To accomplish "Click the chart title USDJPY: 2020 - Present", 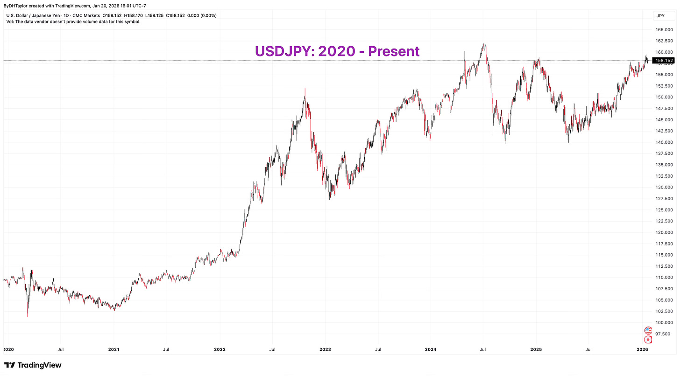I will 337,51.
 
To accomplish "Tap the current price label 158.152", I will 663,61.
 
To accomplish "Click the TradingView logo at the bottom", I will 33,365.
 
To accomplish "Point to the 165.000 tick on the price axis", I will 663,29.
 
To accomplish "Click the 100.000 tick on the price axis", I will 663,322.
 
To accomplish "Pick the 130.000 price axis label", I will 663,187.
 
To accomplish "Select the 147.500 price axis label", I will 663,108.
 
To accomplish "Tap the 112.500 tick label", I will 663,266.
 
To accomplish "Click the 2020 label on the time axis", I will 9,349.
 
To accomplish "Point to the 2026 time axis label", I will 642,349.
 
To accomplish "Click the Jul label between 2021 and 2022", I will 166,349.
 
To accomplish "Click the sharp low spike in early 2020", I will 28,316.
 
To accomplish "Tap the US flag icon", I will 648,330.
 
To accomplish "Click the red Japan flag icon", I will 648,340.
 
